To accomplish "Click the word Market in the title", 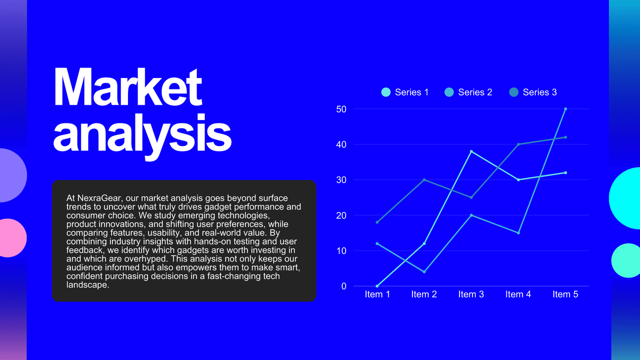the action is coord(128,87).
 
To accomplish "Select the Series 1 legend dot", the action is coord(386,92).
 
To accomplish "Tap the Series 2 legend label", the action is coord(475,92).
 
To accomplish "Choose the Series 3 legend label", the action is coord(540,92).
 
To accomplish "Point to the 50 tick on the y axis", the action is coord(342,109).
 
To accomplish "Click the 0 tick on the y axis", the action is coord(344,286).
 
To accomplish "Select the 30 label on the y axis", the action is coord(342,180).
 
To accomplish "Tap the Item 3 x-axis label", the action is coord(471,294).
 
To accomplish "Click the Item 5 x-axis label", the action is coord(566,294).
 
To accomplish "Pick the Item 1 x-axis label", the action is coord(378,294).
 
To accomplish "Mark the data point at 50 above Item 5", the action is coord(566,109).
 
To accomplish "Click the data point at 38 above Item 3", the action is coord(472,152).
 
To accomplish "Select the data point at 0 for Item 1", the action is coord(377,286).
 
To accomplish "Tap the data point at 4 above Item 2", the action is coord(424,272).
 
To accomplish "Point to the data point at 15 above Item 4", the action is coord(518,233).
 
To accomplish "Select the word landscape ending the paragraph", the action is coord(88,285).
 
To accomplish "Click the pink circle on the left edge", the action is coord(12,238).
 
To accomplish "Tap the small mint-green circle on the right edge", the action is coord(626,260).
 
